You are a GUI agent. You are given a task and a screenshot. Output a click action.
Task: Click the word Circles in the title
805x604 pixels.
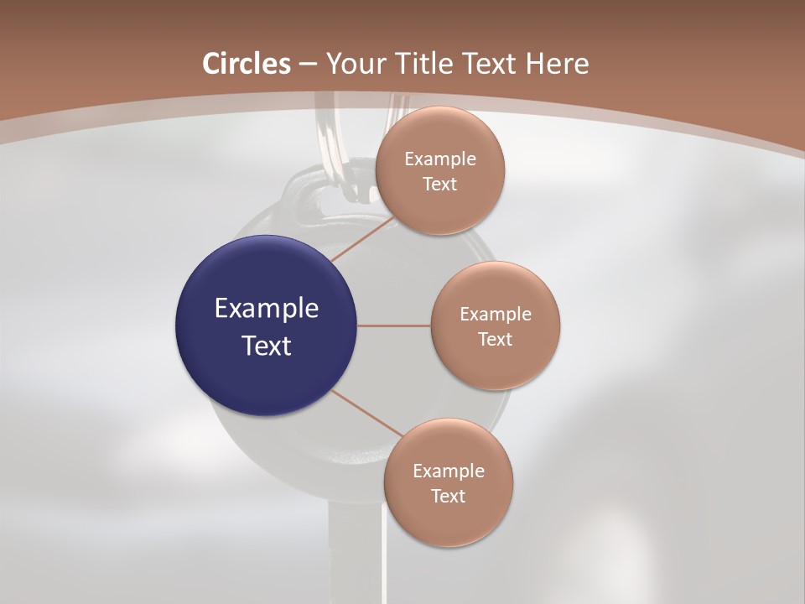click(x=247, y=64)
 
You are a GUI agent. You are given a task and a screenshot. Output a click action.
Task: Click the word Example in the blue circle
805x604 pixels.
click(x=266, y=309)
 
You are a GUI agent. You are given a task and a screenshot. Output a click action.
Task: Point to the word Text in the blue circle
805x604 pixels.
click(x=266, y=346)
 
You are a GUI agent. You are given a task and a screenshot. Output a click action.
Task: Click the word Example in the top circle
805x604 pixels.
click(x=439, y=159)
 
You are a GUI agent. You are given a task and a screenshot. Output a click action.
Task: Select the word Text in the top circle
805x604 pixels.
click(x=439, y=184)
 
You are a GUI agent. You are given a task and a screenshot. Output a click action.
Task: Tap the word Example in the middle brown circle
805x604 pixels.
click(x=495, y=314)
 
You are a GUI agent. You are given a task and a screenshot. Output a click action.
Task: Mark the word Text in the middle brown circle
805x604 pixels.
click(x=495, y=339)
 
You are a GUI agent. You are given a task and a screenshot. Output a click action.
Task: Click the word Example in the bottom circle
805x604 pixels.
click(x=448, y=471)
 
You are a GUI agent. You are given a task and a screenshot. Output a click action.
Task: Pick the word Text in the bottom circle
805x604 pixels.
click(x=448, y=496)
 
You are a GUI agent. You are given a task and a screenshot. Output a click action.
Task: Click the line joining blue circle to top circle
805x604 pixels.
click(x=361, y=239)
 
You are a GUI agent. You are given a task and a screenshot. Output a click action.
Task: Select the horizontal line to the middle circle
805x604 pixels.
click(x=393, y=325)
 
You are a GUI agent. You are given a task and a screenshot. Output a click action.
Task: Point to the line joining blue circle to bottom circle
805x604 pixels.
click(x=367, y=413)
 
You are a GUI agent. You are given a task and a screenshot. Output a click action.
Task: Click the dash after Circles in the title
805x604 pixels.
click(x=308, y=65)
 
